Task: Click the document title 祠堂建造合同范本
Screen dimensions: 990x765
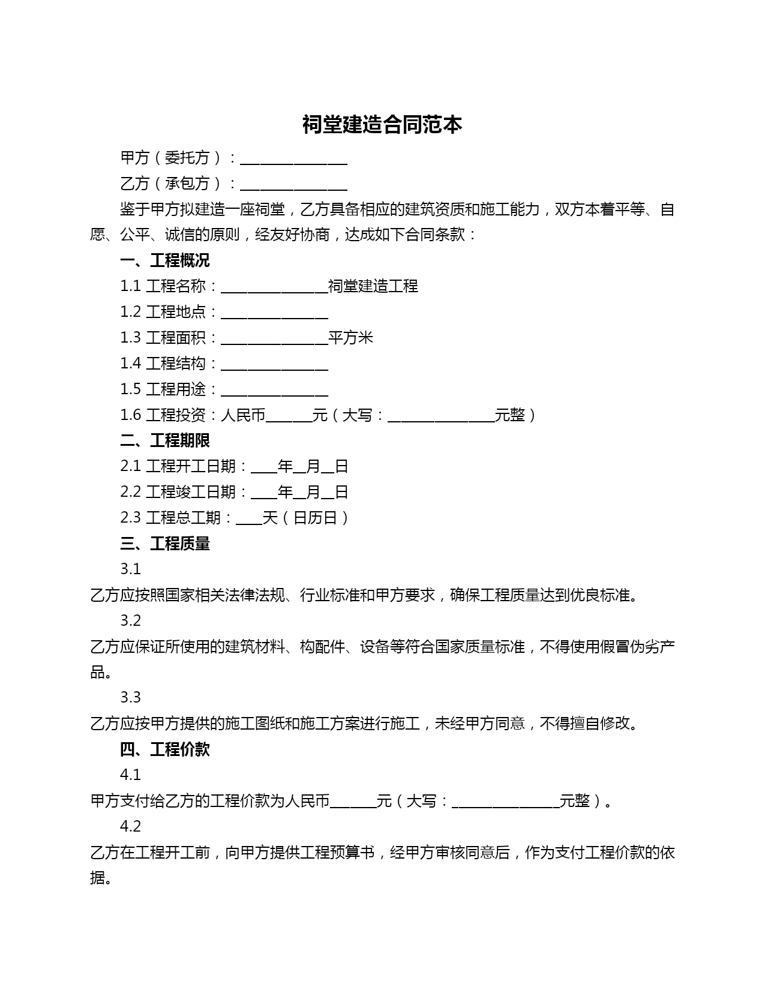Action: coord(382,125)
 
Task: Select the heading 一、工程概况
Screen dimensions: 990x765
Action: coord(164,260)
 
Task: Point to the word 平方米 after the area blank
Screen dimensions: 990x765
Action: coord(350,338)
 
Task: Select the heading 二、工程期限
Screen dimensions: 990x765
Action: coord(164,440)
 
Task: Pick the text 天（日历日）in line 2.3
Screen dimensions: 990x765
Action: coord(306,518)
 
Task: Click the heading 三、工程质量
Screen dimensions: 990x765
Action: coord(164,544)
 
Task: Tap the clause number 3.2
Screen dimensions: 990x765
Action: coord(130,620)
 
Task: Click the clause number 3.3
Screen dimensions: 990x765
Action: coord(130,697)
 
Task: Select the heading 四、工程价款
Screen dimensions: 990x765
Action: coord(164,749)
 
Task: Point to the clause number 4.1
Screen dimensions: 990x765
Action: coord(130,775)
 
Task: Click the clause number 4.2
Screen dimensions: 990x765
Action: coord(130,826)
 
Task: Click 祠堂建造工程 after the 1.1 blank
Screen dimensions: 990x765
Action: coord(373,286)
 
